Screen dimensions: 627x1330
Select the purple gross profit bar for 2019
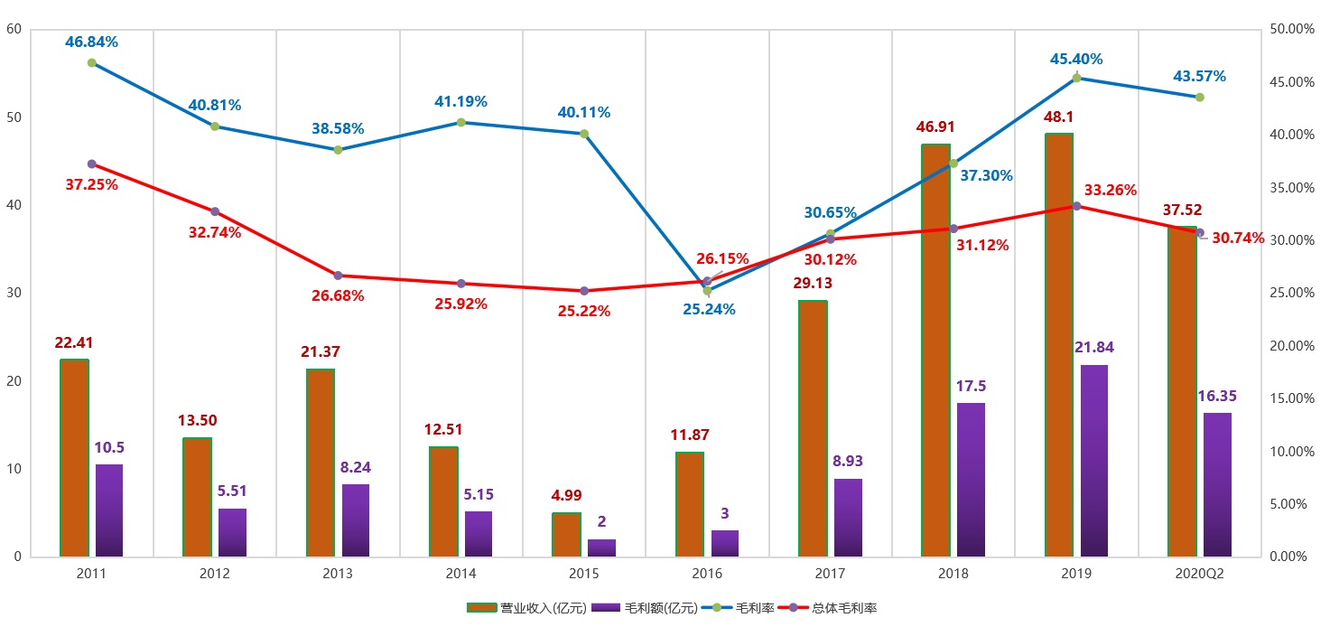click(x=1094, y=461)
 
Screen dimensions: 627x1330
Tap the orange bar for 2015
click(x=566, y=535)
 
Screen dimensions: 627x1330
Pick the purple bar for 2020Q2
click(x=1217, y=484)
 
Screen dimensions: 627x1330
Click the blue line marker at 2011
click(x=91, y=62)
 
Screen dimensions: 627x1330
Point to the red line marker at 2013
click(x=338, y=276)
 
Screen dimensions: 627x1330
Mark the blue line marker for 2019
click(x=1076, y=78)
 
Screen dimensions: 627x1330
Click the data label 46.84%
click(x=91, y=42)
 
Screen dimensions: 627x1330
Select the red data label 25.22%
click(x=584, y=311)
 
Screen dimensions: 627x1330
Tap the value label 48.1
click(x=1058, y=117)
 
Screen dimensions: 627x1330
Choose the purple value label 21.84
click(x=1094, y=348)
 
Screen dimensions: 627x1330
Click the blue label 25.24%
click(x=709, y=309)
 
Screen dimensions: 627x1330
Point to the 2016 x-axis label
click(x=707, y=574)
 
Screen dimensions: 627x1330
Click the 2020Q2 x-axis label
click(x=1199, y=574)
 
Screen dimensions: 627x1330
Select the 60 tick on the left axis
click(x=14, y=29)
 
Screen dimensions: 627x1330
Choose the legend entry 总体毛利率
click(x=844, y=608)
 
